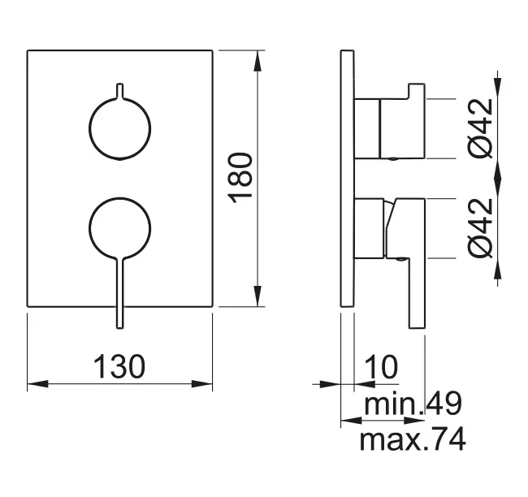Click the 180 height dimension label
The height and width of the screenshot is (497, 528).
click(x=242, y=179)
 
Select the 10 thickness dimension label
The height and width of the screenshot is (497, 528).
click(x=379, y=366)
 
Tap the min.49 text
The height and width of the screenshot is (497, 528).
click(x=413, y=404)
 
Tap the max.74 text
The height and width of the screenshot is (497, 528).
click(x=413, y=441)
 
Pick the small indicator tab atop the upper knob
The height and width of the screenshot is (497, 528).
click(x=120, y=89)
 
